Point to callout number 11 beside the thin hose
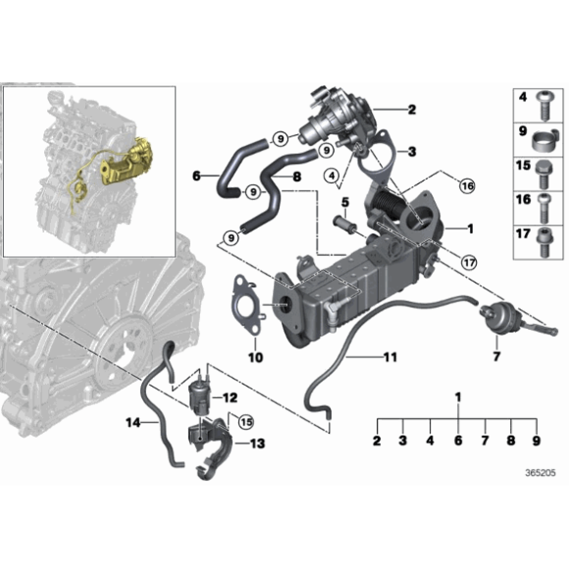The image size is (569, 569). pyautogui.click(x=389, y=356)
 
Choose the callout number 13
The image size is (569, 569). pyautogui.click(x=257, y=443)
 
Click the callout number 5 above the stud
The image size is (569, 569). pyautogui.click(x=345, y=203)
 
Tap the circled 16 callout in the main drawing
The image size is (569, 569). pyautogui.click(x=465, y=186)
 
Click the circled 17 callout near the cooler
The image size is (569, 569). pyautogui.click(x=469, y=262)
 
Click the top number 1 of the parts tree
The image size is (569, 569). pyautogui.click(x=457, y=395)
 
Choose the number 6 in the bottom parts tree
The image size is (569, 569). pyautogui.click(x=457, y=442)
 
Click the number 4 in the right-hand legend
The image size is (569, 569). pyautogui.click(x=522, y=97)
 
